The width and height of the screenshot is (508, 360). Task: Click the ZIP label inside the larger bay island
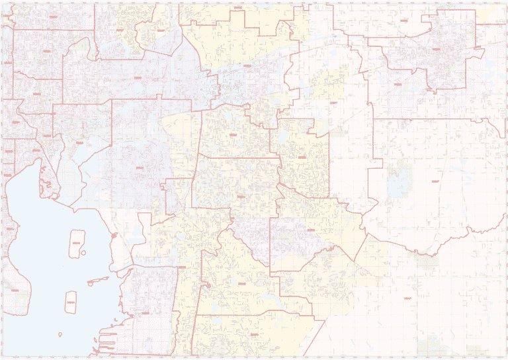point(77,244)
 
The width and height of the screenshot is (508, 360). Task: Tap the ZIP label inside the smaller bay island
point(71,303)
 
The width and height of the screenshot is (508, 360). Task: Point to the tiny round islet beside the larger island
point(91,284)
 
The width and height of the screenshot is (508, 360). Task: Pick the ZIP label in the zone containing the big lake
point(435,180)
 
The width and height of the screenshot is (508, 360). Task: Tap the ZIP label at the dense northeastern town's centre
point(436,48)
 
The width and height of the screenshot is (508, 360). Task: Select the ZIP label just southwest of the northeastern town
point(397,84)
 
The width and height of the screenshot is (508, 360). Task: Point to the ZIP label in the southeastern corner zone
point(408,298)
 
